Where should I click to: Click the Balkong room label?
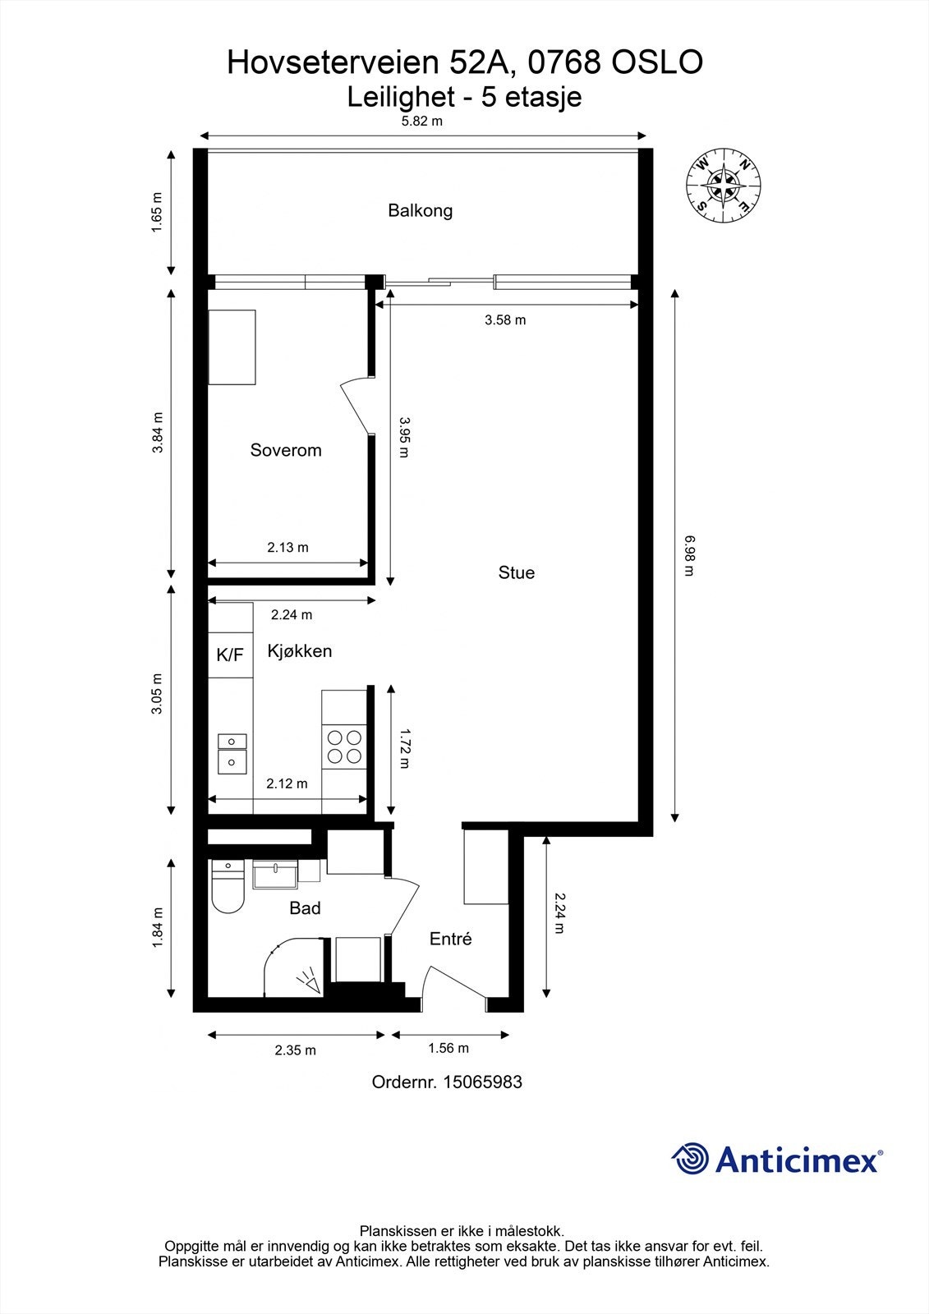click(420, 210)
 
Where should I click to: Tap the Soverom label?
click(286, 450)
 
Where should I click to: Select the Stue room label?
click(516, 572)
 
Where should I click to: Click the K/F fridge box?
click(230, 655)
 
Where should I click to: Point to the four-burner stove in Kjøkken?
click(345, 747)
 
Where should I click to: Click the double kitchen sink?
click(232, 752)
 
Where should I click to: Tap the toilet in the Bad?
click(228, 889)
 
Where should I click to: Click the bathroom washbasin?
click(275, 875)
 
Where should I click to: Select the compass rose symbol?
click(724, 186)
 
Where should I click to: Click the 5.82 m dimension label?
click(421, 121)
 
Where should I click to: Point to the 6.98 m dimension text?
click(688, 555)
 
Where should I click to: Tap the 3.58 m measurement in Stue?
click(504, 319)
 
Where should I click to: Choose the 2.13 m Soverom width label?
click(287, 547)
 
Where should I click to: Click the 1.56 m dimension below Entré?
click(448, 1048)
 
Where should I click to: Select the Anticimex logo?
click(777, 1160)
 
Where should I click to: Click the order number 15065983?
click(482, 1082)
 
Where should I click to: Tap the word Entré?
click(450, 939)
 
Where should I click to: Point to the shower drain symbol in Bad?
click(310, 982)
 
